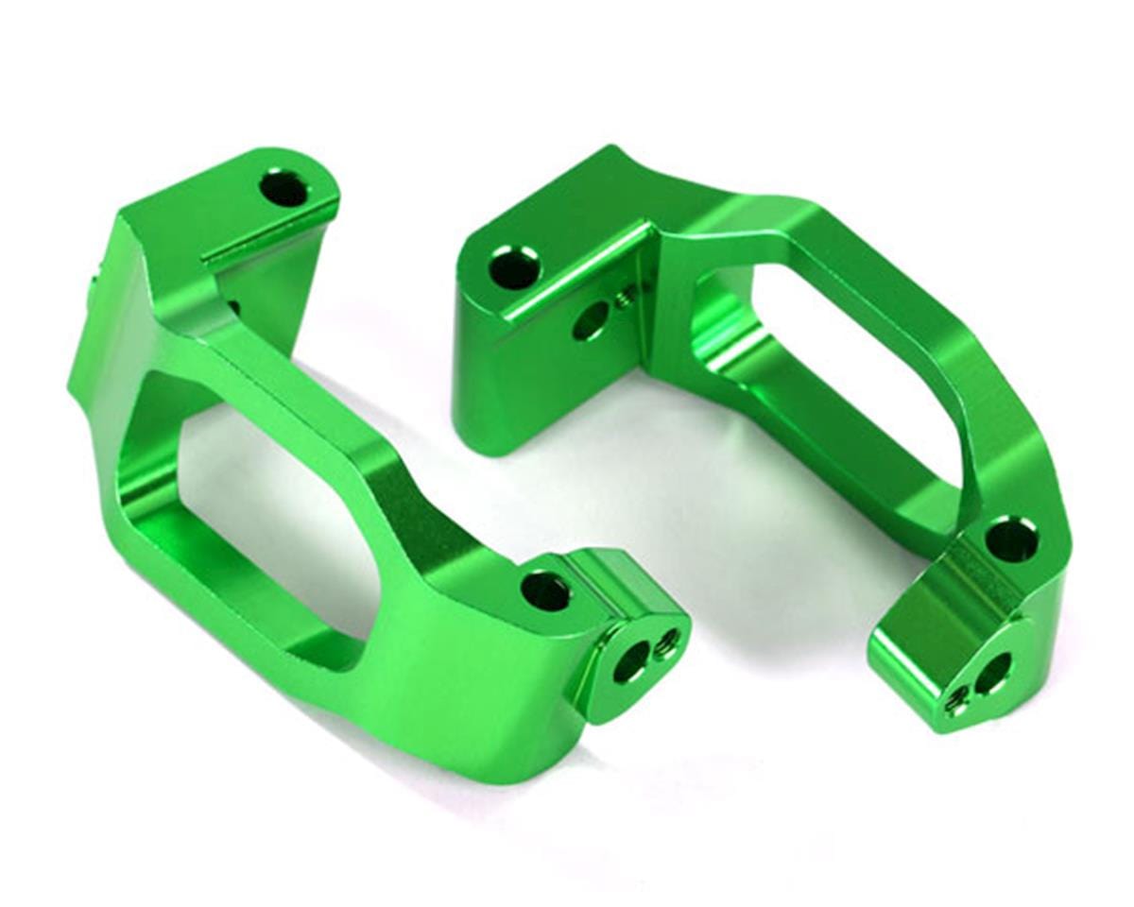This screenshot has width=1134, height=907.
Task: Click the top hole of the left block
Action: point(283,190)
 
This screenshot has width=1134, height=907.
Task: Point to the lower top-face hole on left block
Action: point(545,591)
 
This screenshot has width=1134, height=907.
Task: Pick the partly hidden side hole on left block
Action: point(232,308)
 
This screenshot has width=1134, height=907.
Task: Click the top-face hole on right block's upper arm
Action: point(514,267)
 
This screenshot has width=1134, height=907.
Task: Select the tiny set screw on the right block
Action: point(624,300)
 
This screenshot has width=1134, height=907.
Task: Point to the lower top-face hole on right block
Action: point(1009,539)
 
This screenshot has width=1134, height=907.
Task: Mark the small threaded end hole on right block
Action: point(958,700)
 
